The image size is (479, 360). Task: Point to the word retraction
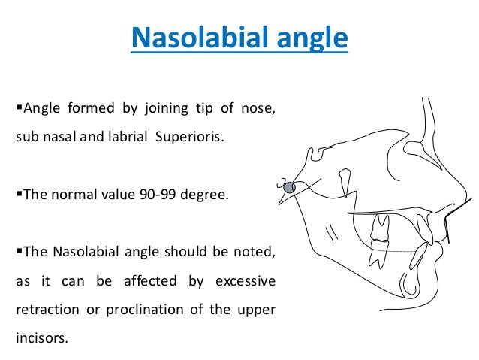pos(44,310)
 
